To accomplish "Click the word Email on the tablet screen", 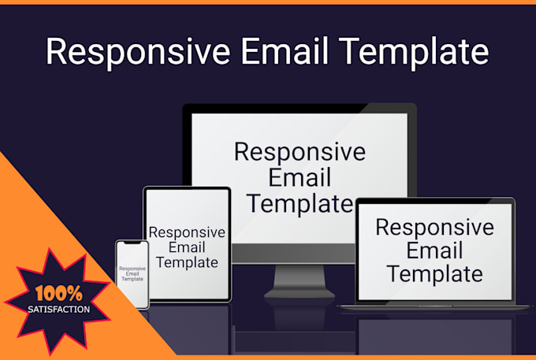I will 187,247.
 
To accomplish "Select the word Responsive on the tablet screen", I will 187,232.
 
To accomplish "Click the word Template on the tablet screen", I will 187,262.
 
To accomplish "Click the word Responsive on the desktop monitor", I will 300,151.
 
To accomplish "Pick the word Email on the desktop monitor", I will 300,177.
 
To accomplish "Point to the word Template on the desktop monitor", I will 300,203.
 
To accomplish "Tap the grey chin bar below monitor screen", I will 300,253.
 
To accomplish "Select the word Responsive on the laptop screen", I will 434,227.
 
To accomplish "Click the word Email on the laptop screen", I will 434,251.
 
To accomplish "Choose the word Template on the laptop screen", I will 434,274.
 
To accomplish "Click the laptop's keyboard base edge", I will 435,306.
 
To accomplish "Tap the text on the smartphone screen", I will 132,273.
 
